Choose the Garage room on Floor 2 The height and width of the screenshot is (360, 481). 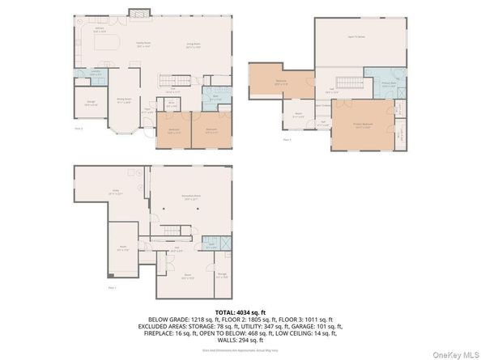tap(92, 103)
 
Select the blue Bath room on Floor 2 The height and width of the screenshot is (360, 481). tap(216, 99)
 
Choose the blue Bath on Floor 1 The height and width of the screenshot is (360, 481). tap(211, 244)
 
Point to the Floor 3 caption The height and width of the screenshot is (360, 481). tap(287, 139)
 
